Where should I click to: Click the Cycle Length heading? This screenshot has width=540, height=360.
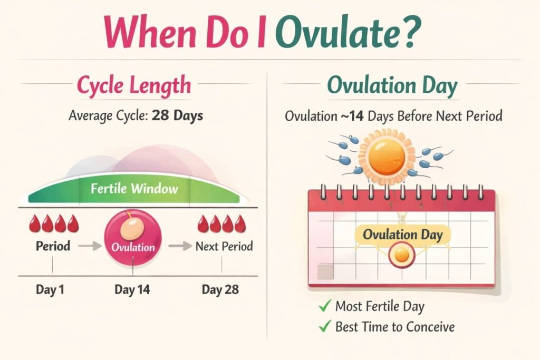tap(134, 86)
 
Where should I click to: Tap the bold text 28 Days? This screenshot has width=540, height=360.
tap(177, 115)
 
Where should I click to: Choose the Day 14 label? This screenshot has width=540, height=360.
tap(132, 289)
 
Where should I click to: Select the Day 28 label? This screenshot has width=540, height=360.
tap(220, 289)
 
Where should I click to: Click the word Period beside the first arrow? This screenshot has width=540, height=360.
tap(53, 246)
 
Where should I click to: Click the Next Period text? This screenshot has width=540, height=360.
tap(224, 246)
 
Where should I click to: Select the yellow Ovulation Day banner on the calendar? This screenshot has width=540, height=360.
tap(402, 235)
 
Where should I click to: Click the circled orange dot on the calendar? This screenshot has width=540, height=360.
tap(402, 256)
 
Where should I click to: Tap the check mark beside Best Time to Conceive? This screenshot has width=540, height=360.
tap(325, 327)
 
